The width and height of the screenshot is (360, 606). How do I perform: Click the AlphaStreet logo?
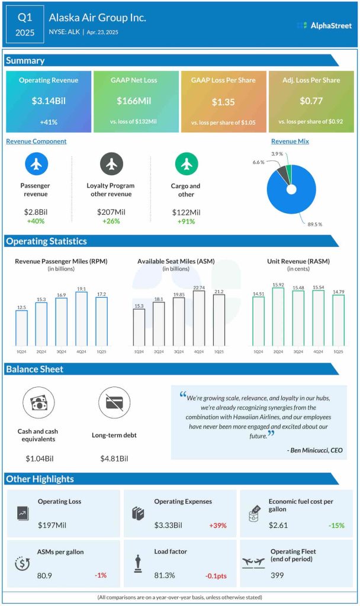323,25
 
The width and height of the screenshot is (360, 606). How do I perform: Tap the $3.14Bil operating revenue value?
49,101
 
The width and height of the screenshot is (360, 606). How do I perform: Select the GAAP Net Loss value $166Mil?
136,101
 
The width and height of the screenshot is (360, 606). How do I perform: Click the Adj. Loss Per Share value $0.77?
311,101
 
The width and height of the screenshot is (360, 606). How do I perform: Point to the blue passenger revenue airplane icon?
37,164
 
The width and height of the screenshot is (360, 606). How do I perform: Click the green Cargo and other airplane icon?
187,164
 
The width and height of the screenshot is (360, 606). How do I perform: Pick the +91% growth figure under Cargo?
186,221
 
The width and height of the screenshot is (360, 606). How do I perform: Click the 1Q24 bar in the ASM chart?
139,327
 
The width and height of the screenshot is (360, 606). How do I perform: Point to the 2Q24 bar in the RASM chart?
278,317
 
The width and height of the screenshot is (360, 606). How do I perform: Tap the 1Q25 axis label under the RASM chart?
338,352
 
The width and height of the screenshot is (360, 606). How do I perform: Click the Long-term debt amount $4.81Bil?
114,458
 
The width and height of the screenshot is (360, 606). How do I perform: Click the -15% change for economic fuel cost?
336,525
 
